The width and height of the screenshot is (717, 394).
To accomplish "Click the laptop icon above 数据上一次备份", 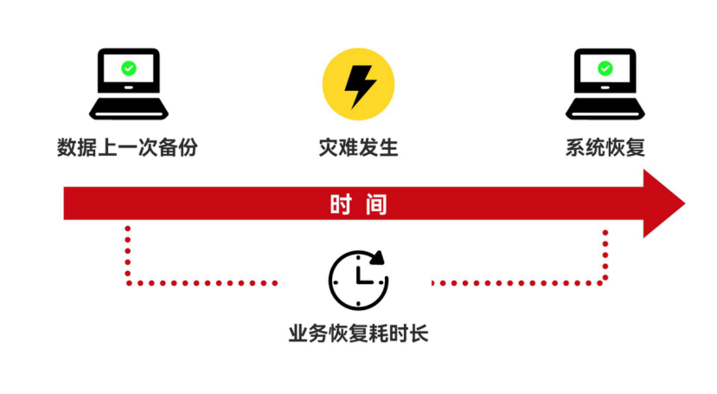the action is coord(129,82).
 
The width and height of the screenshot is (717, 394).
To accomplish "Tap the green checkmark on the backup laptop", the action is coord(129,68).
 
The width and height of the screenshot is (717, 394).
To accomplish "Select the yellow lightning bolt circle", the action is coord(358,84).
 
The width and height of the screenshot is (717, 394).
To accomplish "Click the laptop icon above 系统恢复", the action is coord(605,82).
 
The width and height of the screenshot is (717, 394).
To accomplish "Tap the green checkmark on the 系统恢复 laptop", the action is coord(605,68).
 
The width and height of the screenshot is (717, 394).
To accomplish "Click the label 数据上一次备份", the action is coord(128,147).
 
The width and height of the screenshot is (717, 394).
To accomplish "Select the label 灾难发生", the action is coord(358,147).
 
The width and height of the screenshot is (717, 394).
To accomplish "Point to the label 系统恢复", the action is coord(605,147).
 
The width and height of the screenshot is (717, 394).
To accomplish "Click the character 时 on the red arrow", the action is coord(341,204).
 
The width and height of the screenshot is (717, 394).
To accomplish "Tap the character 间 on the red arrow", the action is coord(375,204).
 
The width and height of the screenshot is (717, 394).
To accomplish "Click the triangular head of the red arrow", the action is coord(662,203).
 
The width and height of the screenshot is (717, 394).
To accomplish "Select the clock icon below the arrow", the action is coord(358,280).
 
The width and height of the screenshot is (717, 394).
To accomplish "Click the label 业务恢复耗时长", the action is coord(358,333).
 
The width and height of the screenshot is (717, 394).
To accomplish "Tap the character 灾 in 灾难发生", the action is coord(329,147).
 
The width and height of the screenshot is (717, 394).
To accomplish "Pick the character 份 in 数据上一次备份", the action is coord(188,147).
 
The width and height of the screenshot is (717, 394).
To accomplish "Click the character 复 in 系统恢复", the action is coord(636,147).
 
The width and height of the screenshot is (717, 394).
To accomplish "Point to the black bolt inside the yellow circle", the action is coord(357,85).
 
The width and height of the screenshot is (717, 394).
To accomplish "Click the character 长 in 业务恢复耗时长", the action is coord(419,333).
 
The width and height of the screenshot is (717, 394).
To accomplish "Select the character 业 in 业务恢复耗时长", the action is coord(298,333).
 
